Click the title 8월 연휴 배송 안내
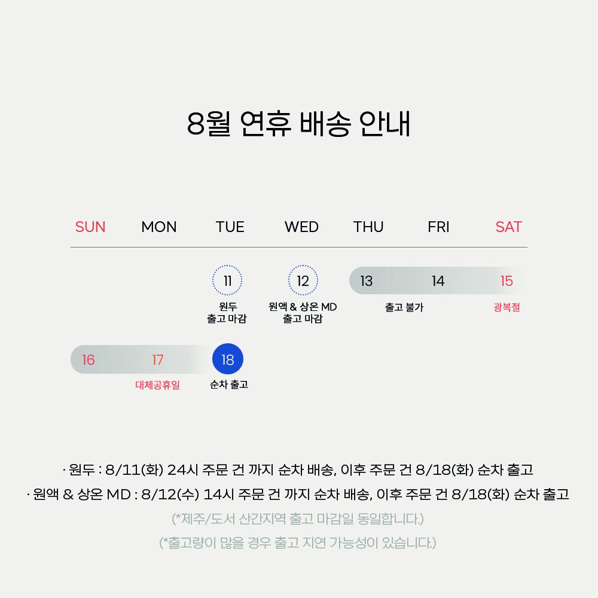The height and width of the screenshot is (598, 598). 298,124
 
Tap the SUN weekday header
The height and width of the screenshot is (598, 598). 90,227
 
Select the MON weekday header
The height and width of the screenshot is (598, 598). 159,227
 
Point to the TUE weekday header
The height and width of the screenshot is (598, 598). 230,227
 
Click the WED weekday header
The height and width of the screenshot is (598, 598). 301,227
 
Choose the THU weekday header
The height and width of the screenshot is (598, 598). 368,227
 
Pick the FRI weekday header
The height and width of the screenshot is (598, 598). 438,227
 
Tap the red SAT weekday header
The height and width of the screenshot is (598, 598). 508,227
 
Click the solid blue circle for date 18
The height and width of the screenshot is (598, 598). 228,359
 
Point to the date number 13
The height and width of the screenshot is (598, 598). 366,281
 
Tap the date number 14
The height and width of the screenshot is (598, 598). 438,281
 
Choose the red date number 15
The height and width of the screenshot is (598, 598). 507,281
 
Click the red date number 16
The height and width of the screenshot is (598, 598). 88,359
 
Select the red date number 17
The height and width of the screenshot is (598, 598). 157,359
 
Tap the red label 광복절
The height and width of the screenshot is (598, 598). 507,307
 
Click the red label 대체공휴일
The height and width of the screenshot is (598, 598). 157,385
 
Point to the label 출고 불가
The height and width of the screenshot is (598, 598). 404,307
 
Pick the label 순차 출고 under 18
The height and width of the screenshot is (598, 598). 229,385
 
